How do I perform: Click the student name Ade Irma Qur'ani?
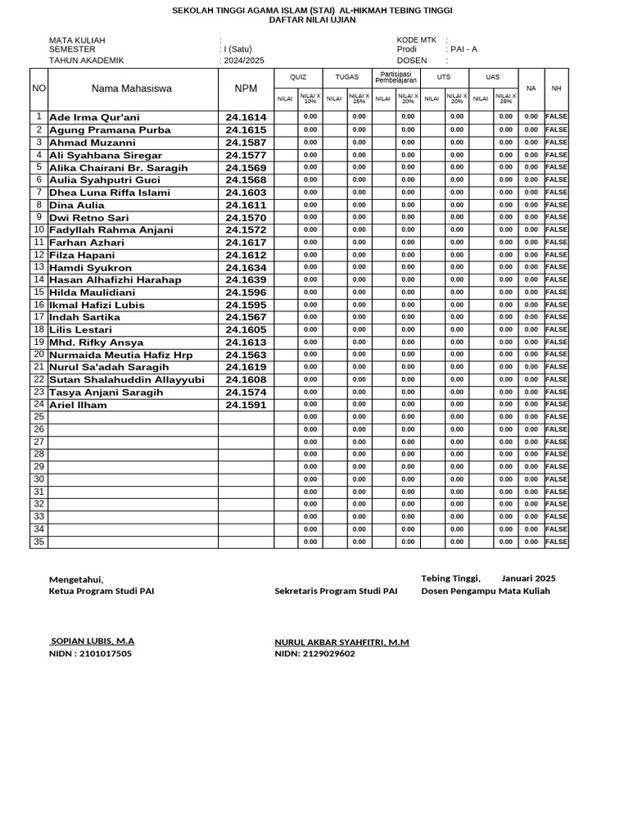pos(94,117)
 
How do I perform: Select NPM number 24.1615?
pos(246,129)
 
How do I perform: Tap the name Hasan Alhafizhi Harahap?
pos(115,279)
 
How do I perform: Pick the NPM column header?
pos(246,88)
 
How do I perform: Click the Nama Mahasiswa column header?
pos(133,88)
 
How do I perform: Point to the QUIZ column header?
pos(298,77)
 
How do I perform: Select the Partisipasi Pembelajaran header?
pos(396,77)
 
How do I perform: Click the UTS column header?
pos(444,77)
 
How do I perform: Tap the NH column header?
pos(556,88)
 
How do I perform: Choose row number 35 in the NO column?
pos(38,542)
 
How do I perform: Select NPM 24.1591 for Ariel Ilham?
pos(246,405)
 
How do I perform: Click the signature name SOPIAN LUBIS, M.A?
pos(92,642)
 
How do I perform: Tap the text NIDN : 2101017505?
pos(90,654)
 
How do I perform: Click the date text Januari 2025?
pos(528,578)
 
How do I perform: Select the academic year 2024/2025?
pos(243,61)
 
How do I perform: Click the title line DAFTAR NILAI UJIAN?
pos(311,20)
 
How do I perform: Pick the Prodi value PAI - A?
pos(464,49)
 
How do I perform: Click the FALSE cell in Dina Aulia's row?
pos(556,205)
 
